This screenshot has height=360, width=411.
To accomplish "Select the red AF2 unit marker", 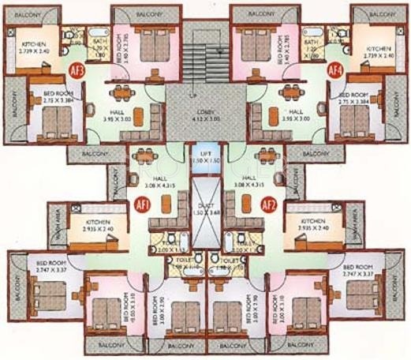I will [269, 204].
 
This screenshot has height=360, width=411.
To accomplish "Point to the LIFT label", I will [206, 156].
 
